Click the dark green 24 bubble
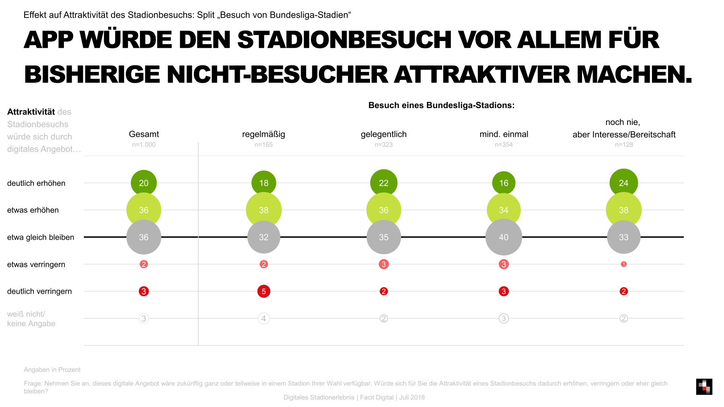[623, 183]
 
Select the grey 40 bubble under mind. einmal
[504, 237]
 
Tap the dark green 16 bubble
[504, 183]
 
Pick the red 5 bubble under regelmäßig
[263, 291]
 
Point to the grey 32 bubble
[263, 237]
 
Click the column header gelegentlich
[383, 134]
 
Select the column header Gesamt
[144, 134]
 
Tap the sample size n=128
[623, 145]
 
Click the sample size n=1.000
[144, 145]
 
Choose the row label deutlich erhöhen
[36, 183]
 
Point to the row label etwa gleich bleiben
[41, 237]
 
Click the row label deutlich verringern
[39, 292]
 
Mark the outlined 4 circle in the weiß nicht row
[263, 319]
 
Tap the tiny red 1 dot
[623, 264]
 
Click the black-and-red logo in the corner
[704, 387]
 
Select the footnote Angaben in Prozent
[52, 370]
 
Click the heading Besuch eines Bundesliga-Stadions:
[441, 105]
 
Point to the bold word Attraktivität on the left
[31, 112]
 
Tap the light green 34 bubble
[504, 210]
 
